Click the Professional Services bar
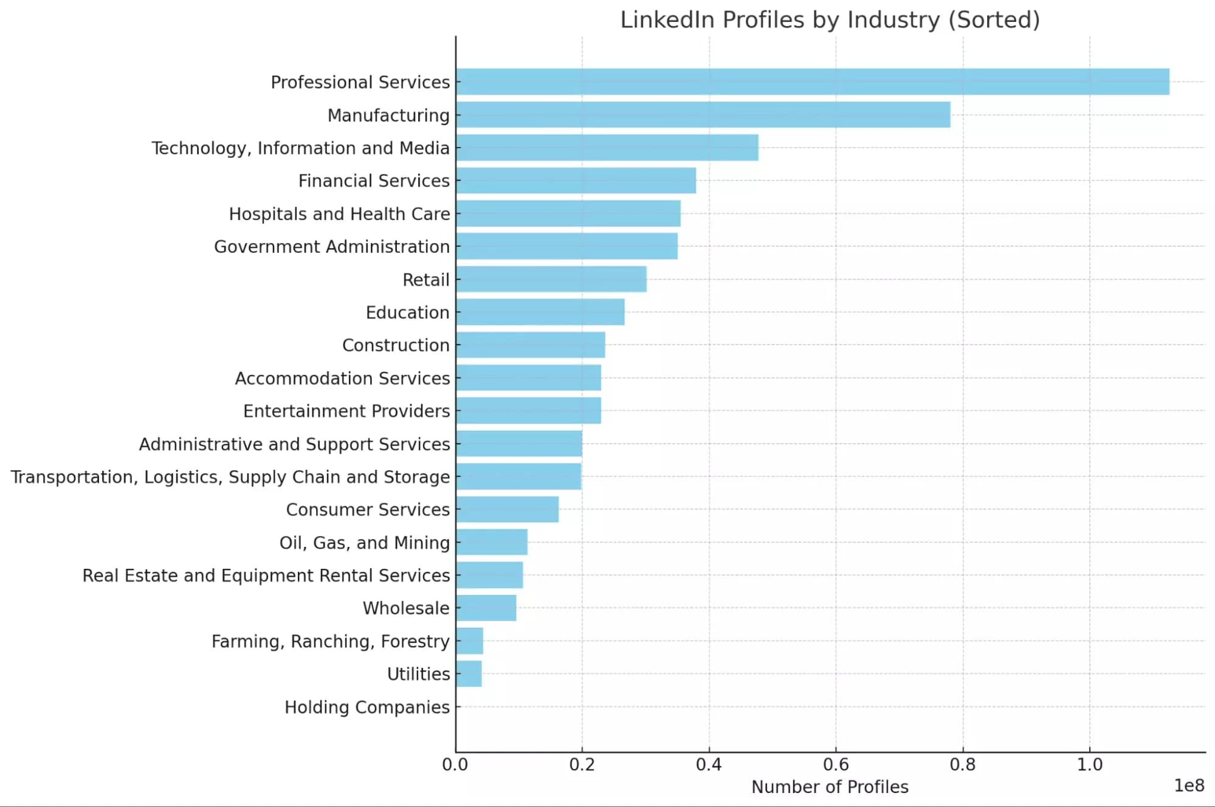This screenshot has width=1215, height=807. coord(812,82)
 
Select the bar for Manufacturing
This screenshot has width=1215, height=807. coord(703,115)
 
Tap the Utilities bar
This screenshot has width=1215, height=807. coord(469,674)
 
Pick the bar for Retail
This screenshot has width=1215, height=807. coord(551,280)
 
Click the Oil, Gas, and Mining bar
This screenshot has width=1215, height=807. coord(491,542)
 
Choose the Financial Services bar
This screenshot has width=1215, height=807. coord(576,180)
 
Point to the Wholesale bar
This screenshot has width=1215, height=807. coord(486,608)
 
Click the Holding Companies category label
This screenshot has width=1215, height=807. coord(367,707)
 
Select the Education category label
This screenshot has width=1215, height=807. coord(407,312)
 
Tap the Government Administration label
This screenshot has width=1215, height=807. coord(332,247)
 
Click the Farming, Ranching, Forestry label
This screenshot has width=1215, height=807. coord(330,641)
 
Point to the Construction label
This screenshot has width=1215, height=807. coord(396,345)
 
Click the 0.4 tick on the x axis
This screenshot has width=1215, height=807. coord(709,764)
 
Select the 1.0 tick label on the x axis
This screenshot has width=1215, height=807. coord(1089,764)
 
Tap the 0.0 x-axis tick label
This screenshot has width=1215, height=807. coord(455,764)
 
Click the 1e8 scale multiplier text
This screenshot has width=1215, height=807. coord(1189,786)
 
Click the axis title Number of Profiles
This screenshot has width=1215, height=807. coord(830,787)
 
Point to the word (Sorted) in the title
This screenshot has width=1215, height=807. coord(994,20)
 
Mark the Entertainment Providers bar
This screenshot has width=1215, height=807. coord(528,411)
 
